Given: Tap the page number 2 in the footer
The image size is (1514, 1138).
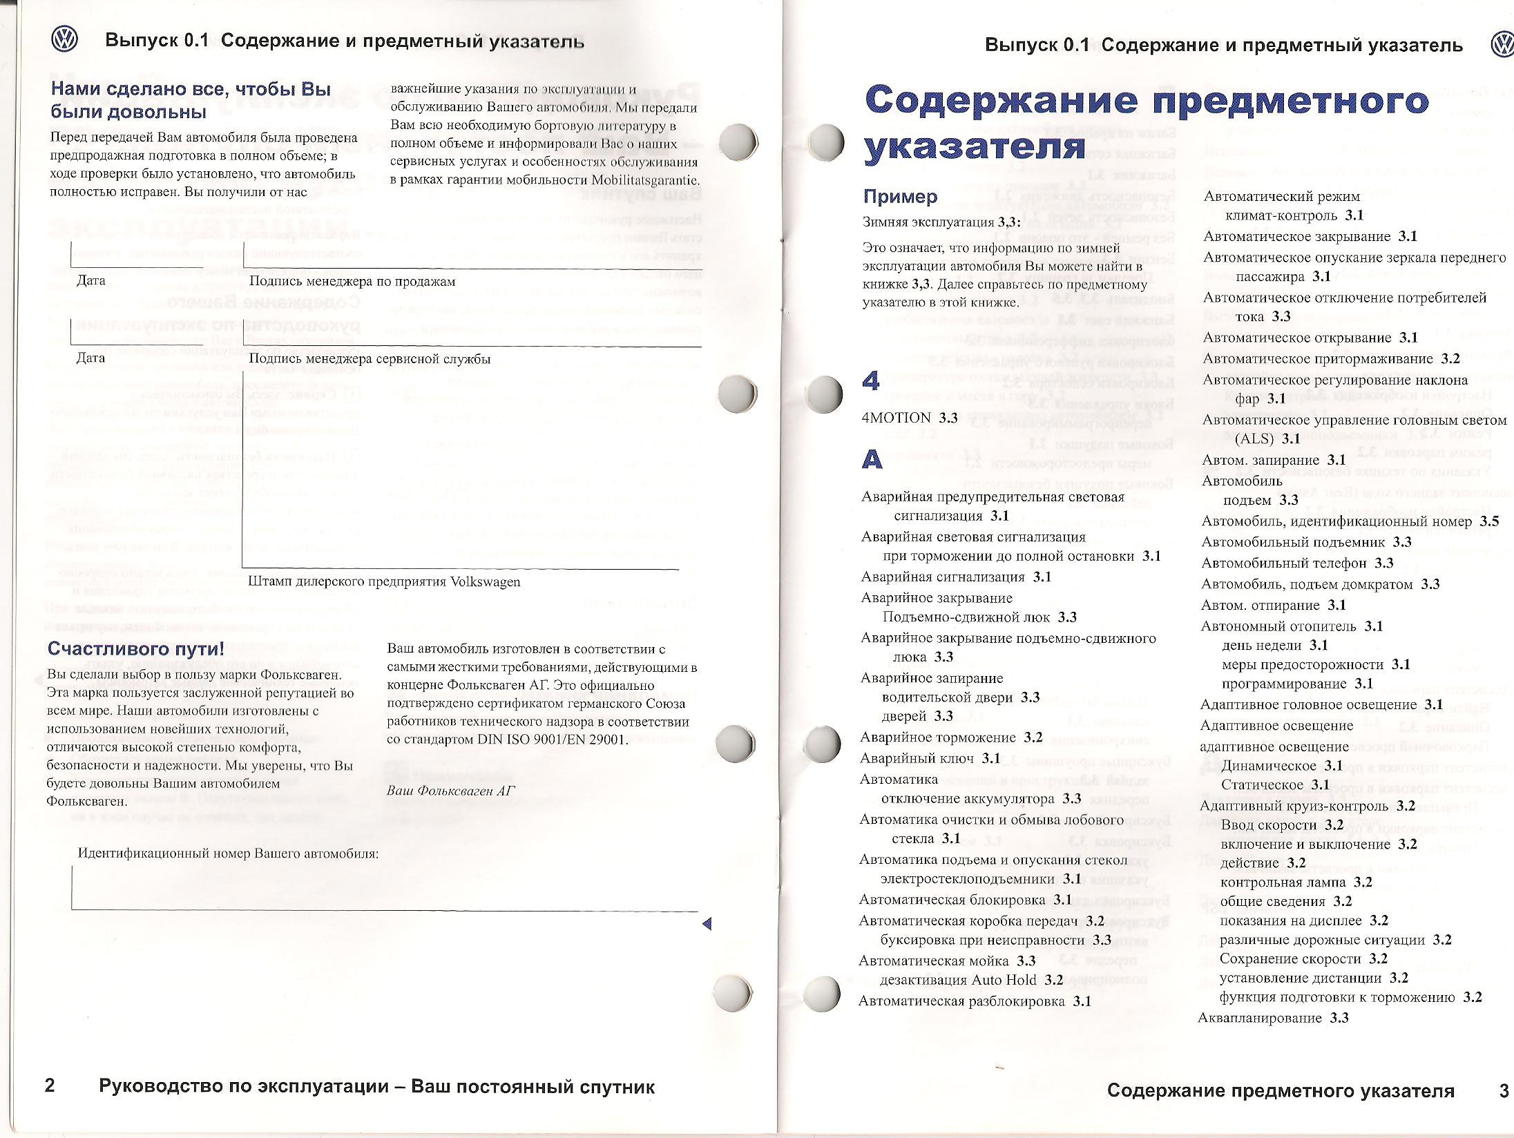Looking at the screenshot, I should [50, 1086].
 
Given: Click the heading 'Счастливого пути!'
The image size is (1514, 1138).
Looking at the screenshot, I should [136, 649].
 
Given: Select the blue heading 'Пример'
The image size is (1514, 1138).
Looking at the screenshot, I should [901, 197].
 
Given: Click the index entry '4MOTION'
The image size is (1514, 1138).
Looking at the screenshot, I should [897, 418].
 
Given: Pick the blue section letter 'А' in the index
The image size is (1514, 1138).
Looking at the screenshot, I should [872, 460].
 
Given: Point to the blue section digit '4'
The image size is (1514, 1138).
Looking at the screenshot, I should [872, 380].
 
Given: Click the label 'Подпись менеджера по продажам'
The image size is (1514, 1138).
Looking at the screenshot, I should [352, 281].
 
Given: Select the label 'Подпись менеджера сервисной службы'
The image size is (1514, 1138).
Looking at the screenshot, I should [370, 359].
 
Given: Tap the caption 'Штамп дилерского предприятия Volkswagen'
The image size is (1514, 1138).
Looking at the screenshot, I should [384, 581].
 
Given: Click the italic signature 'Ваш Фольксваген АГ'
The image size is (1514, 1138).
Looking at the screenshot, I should [451, 790].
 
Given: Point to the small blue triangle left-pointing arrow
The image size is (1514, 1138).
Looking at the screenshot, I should [706, 924].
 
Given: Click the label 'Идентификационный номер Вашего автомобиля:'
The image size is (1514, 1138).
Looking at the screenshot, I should [228, 853].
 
